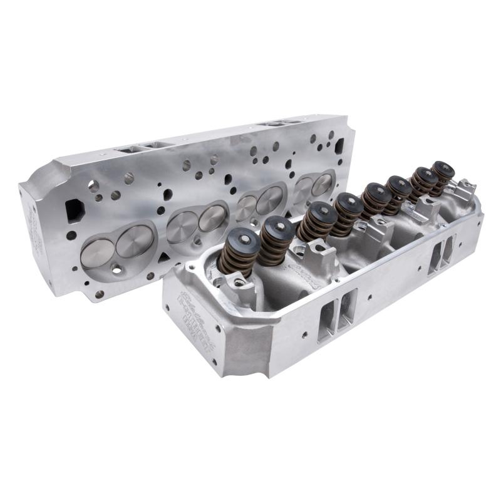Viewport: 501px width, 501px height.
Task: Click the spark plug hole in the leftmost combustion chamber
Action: pyautogui.click(x=117, y=269)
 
